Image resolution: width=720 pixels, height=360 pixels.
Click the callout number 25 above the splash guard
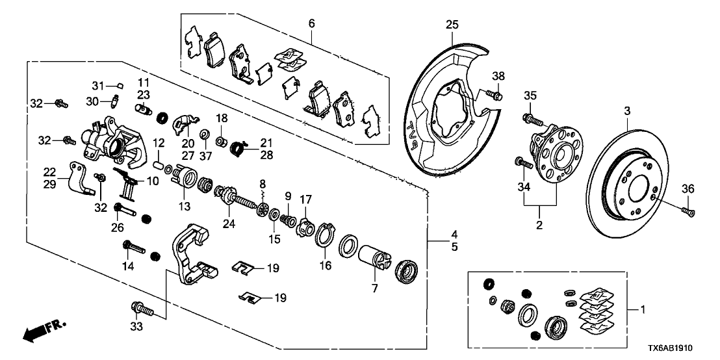point(452,25)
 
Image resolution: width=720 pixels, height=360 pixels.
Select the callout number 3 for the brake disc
point(627,112)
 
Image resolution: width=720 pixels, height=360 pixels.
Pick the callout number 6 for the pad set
point(311,23)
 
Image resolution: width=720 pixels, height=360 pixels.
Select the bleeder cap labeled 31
point(119,85)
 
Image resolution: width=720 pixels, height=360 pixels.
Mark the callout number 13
point(184,207)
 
